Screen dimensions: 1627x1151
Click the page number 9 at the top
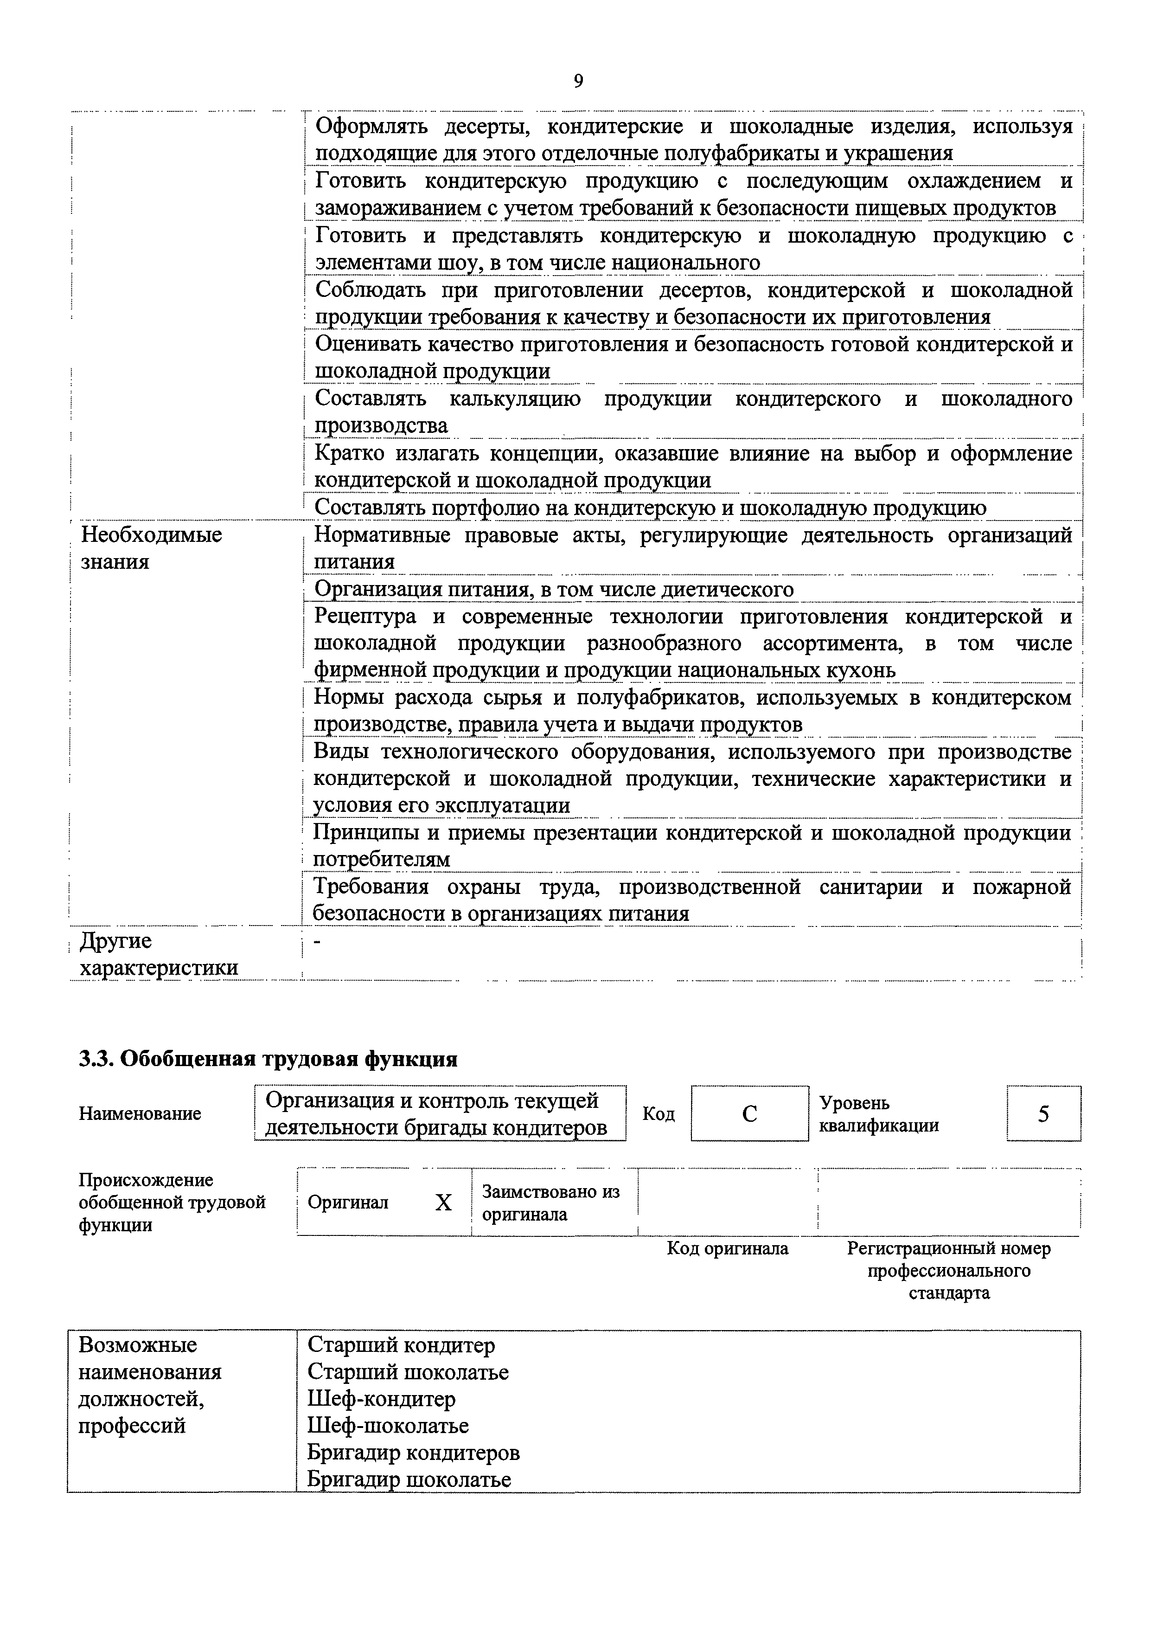tap(578, 82)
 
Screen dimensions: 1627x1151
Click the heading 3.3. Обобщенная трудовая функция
tap(268, 1059)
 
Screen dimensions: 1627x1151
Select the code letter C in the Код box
tap(749, 1114)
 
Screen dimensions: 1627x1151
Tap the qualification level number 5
tap(1043, 1114)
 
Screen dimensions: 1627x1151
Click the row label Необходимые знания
tap(151, 548)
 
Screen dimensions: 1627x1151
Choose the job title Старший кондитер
tap(401, 1345)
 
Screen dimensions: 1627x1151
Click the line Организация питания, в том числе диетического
tap(554, 589)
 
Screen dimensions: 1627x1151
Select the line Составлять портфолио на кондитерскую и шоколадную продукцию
tap(650, 508)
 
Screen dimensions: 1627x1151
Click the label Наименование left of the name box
tap(140, 1114)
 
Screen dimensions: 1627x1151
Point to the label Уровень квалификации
tap(879, 1114)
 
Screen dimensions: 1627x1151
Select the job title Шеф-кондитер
tap(381, 1399)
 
